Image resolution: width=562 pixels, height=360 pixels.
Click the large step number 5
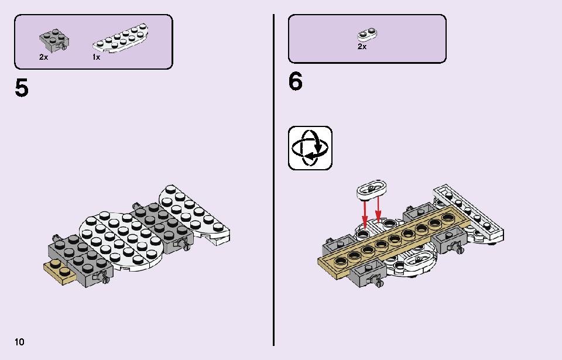point(22,88)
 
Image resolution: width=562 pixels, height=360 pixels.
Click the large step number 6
point(295,81)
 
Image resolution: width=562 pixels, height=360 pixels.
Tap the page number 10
point(19,342)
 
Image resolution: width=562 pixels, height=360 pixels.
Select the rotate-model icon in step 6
point(310,148)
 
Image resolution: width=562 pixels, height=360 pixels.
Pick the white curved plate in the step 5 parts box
point(121,38)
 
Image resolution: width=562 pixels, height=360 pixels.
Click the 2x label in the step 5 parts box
point(43,57)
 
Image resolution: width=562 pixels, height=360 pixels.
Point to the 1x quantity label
point(96,57)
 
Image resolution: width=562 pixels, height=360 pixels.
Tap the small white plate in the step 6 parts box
point(368,35)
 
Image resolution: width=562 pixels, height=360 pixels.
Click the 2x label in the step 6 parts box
point(362,47)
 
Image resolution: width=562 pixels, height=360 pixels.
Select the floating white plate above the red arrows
point(371,189)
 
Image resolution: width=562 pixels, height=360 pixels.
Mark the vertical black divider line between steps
point(274,180)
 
